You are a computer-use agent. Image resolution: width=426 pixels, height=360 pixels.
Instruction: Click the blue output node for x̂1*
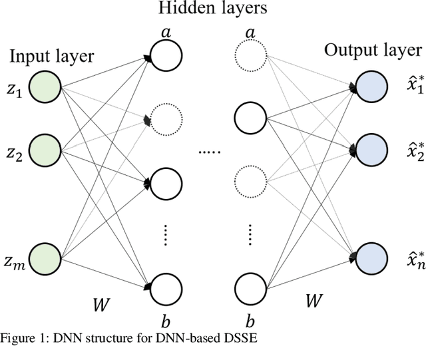coord(371,86)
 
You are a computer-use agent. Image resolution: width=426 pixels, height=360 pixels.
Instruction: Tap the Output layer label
coord(373,51)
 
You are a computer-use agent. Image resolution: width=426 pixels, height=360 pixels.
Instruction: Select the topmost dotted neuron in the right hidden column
coord(250,55)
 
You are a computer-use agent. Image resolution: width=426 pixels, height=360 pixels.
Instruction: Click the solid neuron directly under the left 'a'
coord(165,55)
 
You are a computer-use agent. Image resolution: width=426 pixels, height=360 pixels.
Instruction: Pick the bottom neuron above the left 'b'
coord(165,287)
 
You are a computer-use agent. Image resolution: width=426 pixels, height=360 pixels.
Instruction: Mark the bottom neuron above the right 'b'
coord(250,287)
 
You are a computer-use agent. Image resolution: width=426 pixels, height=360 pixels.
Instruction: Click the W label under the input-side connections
coord(99,307)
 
